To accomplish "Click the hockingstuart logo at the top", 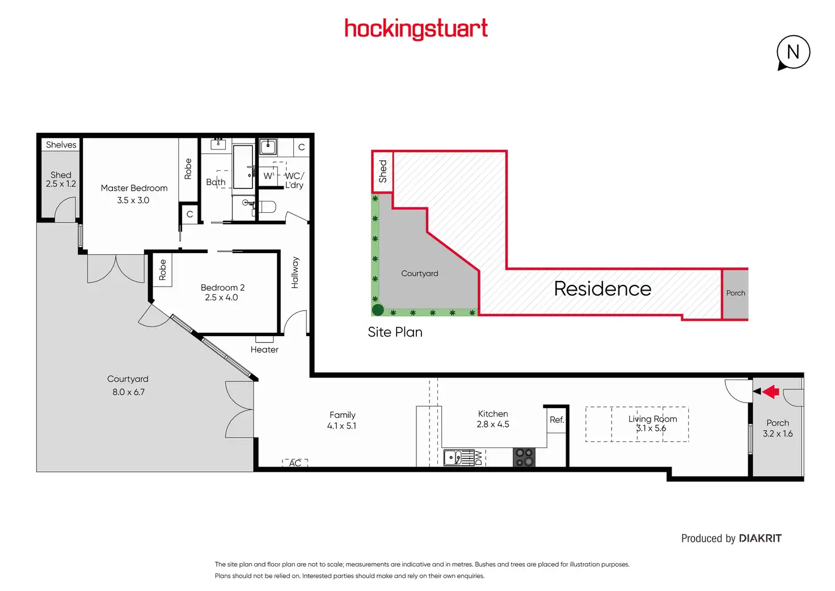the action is [416, 28].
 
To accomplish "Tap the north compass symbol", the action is [793, 52].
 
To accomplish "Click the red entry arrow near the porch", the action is [770, 391].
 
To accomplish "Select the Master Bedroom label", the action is [134, 188].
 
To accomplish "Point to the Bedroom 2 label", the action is [222, 288].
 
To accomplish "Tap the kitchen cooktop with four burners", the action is [524, 457].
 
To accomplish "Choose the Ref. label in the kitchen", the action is [556, 420].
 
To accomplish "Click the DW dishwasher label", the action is [479, 458].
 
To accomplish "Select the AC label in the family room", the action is [295, 463].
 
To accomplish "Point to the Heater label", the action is [264, 350].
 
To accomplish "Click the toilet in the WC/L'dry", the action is [267, 206].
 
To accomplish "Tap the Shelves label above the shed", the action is [61, 145].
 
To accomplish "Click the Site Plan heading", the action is [395, 332].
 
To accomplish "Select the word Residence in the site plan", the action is [602, 289].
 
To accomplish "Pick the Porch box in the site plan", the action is [735, 294].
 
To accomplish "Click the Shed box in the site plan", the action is [382, 171].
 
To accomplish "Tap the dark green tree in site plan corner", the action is [378, 310].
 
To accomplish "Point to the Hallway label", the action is [295, 273].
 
